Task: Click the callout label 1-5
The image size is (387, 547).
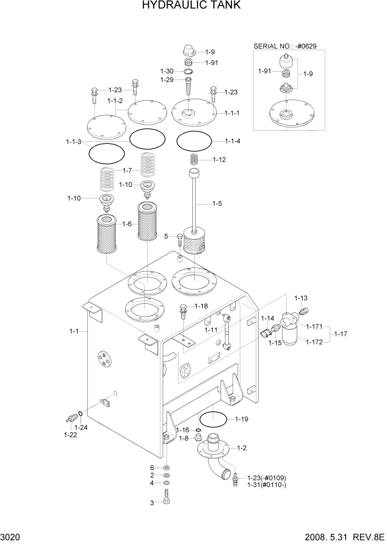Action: point(217,204)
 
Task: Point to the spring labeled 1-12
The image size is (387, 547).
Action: point(194,159)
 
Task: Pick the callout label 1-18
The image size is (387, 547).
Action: point(200,306)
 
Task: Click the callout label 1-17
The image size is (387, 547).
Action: point(341,334)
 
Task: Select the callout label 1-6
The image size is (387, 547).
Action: point(127,224)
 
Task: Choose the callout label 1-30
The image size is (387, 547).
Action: point(167,71)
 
